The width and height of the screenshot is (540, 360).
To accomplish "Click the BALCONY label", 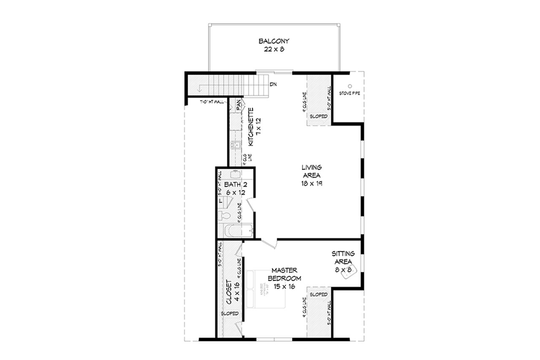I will point(274,41).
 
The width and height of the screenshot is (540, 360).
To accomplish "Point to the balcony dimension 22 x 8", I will point(274,49).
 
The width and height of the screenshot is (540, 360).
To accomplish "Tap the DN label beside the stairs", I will point(273,84).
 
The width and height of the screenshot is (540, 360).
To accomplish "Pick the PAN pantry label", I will point(238,104).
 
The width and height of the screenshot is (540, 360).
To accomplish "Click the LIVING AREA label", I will point(311,171).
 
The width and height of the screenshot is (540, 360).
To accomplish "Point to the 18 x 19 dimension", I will point(311,184).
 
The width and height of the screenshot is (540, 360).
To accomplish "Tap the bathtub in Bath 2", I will point(238,231).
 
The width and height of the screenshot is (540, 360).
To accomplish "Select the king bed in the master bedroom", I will point(265,290).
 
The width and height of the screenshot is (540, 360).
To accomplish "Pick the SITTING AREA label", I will point(343,257).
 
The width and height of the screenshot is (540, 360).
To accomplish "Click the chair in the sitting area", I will point(351,272).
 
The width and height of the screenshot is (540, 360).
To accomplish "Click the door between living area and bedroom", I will point(269,243).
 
